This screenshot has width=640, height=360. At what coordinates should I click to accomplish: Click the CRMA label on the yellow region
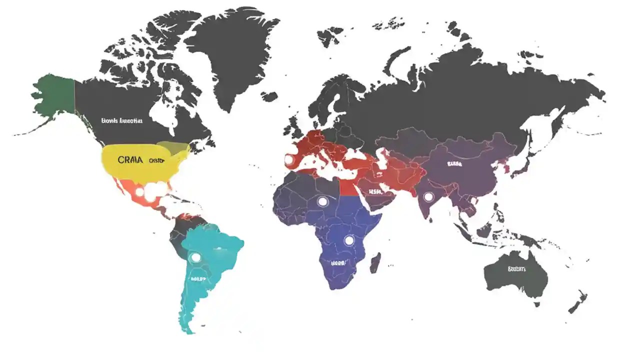130,160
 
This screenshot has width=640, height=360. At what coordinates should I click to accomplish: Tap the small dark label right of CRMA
156,160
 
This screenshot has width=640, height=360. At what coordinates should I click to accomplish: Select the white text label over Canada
121,120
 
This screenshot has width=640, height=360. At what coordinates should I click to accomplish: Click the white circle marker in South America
195,257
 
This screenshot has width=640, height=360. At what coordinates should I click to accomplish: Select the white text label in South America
197,279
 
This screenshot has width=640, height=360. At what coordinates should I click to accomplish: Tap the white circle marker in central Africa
349,240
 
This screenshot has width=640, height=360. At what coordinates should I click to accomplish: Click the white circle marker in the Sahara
322,201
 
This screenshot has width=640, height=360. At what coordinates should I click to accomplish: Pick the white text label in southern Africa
338,262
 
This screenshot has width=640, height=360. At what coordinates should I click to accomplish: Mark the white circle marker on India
428,197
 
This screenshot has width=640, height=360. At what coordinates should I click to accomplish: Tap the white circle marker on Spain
289,159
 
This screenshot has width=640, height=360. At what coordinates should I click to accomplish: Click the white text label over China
454,163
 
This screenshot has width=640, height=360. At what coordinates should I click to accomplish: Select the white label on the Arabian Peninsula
375,191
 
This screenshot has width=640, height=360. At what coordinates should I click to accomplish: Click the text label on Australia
516,269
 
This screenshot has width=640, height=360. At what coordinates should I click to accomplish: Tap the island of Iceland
269,95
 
